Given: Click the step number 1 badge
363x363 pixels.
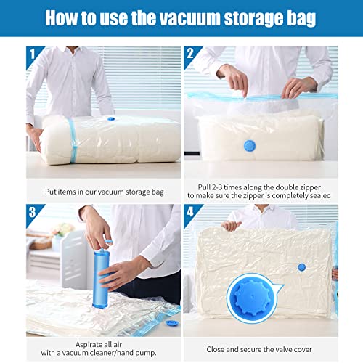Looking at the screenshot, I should point(33,54).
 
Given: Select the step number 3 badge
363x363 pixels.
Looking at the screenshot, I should point(33,212).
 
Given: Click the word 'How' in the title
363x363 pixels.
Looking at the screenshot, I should point(66,18).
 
